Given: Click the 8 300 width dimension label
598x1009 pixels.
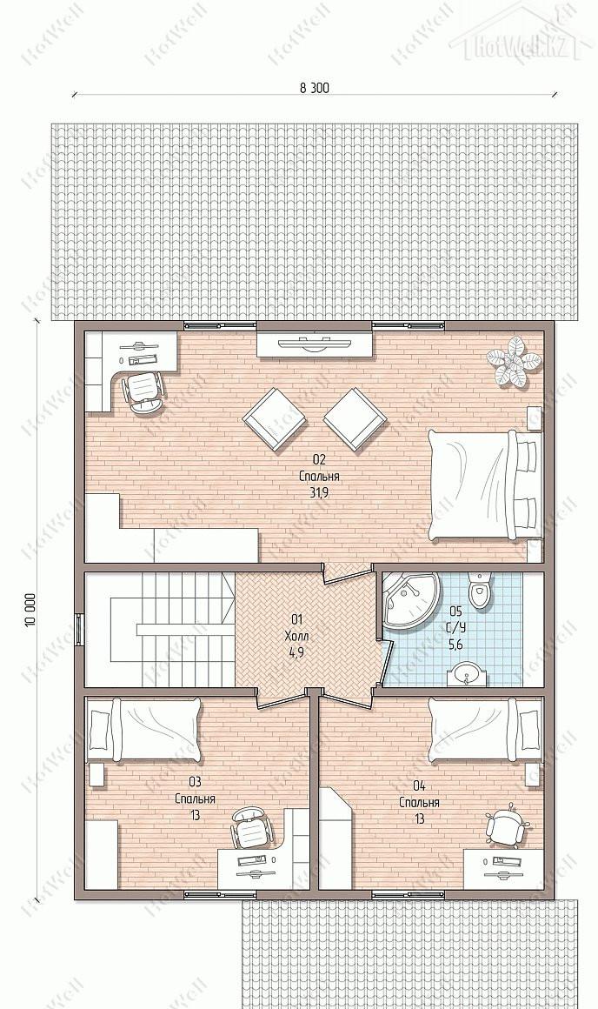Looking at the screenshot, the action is pos(314,88).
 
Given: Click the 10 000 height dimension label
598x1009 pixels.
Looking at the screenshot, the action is pos(31,611).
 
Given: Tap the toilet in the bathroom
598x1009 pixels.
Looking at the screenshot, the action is pos(479,590).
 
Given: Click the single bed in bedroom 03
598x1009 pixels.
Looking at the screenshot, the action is pos(143,731).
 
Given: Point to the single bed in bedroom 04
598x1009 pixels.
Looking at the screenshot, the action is pos(486,730).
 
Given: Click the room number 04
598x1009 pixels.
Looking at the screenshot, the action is pos(419,785).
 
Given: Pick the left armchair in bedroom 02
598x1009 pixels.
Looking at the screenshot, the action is pos(274,419).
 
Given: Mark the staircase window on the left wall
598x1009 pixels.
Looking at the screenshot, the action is pos(79,629).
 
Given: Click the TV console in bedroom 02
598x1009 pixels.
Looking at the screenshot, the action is pos(315,343).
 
